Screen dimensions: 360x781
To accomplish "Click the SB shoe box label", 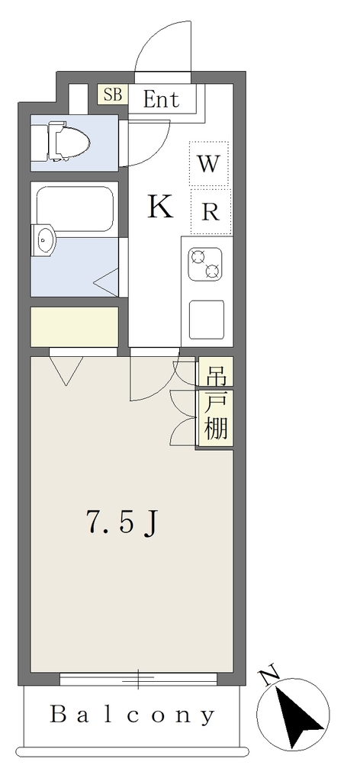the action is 113,95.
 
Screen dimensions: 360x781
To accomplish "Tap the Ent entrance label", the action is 162,99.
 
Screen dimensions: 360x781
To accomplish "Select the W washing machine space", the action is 209,164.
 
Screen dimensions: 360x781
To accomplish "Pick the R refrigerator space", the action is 211,212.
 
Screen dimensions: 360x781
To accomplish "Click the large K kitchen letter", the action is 160,207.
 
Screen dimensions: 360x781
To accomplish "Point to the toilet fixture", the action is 60,143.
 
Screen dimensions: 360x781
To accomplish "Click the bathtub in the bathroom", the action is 76,209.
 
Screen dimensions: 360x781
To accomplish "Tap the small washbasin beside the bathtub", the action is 44,240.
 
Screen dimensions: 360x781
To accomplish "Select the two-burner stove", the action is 205,264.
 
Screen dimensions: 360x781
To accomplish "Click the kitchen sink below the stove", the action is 207,320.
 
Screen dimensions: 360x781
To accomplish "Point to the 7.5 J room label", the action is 123,522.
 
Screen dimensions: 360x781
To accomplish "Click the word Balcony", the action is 133,715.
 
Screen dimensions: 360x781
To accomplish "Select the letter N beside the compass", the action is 270,677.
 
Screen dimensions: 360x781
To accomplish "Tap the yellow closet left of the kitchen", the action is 74,326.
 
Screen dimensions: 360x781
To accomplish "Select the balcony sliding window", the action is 138,679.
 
